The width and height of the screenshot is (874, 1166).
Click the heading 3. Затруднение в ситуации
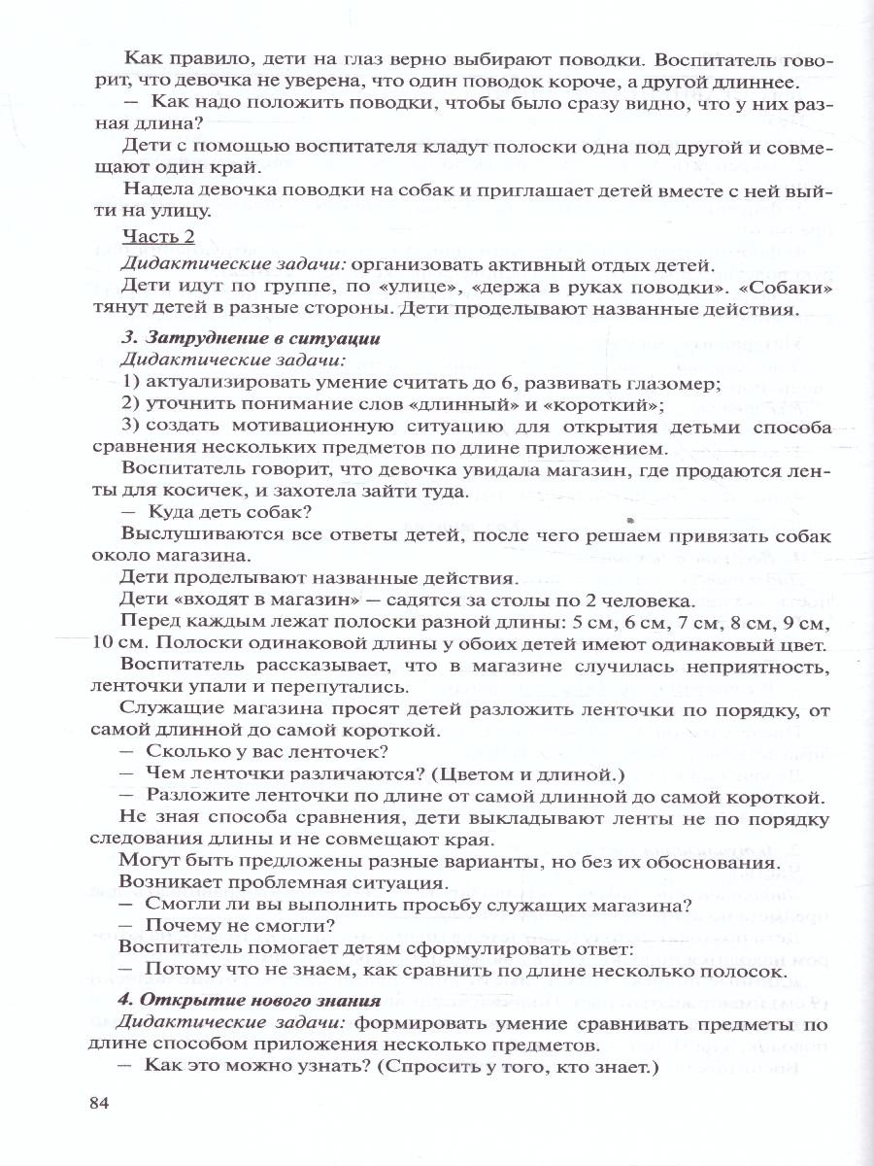coord(250,338)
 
